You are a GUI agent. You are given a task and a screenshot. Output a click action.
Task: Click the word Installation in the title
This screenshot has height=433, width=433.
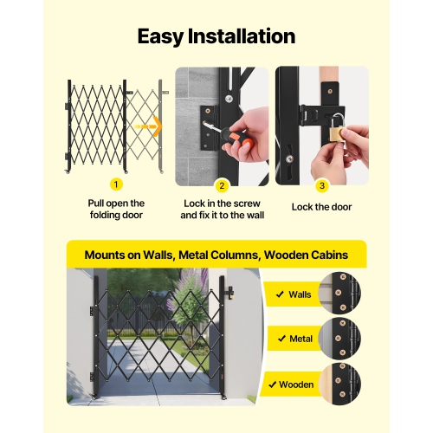247,36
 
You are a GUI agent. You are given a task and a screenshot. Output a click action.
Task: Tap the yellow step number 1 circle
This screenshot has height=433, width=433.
116,184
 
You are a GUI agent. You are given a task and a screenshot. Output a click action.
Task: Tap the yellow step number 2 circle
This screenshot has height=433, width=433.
222,184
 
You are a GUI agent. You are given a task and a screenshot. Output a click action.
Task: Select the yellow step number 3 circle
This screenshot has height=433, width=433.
321,184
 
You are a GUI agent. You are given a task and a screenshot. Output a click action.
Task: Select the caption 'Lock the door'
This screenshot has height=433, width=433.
321,208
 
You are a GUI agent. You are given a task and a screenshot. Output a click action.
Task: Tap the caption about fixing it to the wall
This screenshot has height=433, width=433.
222,214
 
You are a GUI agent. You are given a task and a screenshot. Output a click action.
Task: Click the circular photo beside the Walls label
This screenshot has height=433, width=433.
340,293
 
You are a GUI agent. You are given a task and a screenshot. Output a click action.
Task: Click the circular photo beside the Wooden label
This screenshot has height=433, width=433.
340,382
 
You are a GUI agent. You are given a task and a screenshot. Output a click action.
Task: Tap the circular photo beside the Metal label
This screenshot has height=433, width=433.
340,337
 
